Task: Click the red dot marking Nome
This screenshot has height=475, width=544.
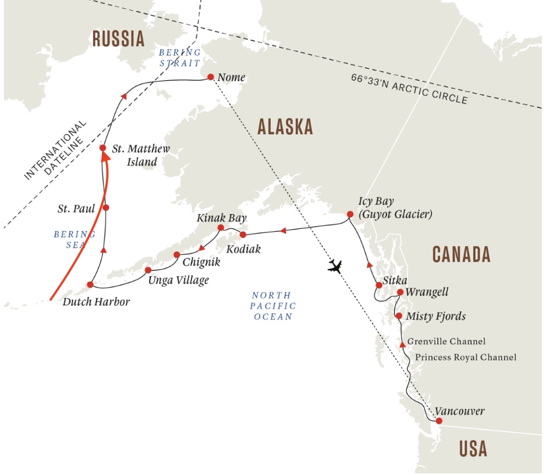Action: tap(211, 77)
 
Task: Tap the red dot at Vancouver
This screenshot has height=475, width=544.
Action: tap(439, 421)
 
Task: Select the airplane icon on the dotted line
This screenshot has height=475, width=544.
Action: tap(335, 266)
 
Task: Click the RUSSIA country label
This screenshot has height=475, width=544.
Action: tap(118, 39)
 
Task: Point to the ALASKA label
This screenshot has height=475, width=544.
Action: tap(285, 127)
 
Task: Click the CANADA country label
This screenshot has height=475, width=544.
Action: tap(461, 254)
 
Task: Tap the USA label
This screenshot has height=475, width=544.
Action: tap(473, 449)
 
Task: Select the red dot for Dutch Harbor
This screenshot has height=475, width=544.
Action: tap(90, 285)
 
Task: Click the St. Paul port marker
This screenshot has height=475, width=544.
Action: tap(106, 208)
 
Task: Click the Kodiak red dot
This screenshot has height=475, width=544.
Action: tap(243, 234)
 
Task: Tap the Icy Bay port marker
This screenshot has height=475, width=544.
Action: tap(350, 214)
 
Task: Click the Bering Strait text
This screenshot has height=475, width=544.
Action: tap(180, 58)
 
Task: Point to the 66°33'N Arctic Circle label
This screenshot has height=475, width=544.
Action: tap(409, 89)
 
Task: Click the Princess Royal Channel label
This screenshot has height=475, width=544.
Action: tap(465, 358)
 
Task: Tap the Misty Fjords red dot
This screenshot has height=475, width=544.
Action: tap(399, 316)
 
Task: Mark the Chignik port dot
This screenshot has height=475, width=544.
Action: tap(177, 255)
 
